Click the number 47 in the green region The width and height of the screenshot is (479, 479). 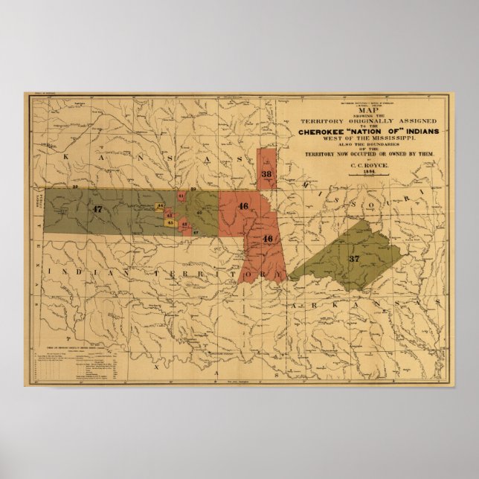(x=97, y=210)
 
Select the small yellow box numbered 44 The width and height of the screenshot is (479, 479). (x=161, y=206)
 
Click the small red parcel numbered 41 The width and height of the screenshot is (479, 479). (x=181, y=196)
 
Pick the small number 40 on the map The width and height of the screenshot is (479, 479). (x=199, y=213)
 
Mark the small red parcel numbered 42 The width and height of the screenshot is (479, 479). (x=184, y=222)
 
